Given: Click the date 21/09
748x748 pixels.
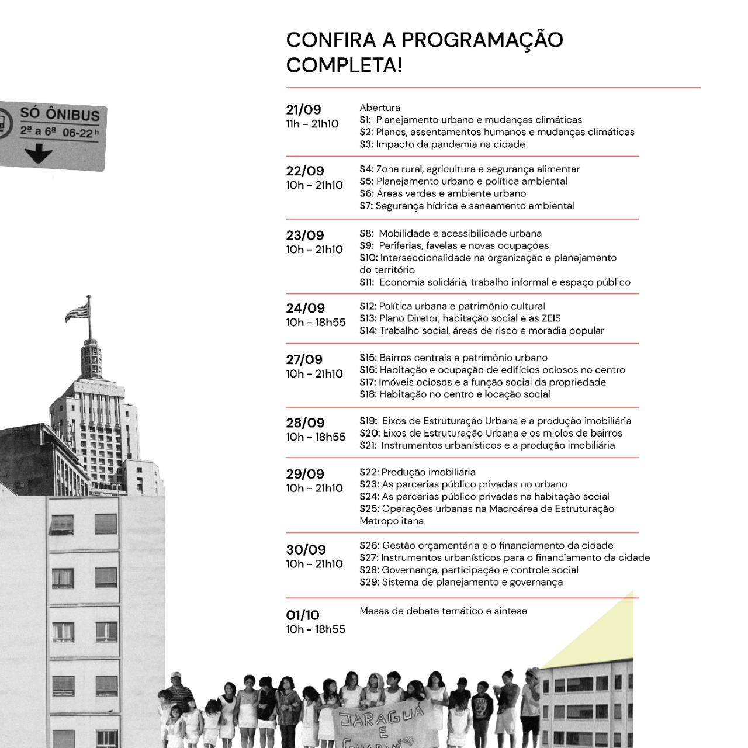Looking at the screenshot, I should click(x=303, y=109).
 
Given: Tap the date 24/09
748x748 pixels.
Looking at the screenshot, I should click(x=305, y=308).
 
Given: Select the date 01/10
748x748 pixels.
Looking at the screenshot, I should click(x=303, y=615).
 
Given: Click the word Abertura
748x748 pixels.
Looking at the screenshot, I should click(x=380, y=108).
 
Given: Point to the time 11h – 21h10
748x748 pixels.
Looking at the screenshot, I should click(x=312, y=124).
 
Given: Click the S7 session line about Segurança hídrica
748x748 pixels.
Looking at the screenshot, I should click(x=466, y=206).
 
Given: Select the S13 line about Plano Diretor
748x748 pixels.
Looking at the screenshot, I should click(x=460, y=318).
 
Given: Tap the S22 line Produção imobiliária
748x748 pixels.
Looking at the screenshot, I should click(x=417, y=472).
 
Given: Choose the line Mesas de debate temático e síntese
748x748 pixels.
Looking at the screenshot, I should click(x=443, y=611).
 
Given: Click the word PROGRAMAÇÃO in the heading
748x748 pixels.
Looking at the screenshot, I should click(x=482, y=40).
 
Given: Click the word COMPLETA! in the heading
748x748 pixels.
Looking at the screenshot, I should click(x=344, y=65).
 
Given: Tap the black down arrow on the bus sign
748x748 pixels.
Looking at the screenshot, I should click(x=39, y=154).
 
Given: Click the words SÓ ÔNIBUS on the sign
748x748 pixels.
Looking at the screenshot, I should click(x=60, y=113).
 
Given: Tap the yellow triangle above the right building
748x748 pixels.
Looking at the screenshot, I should click(x=608, y=637).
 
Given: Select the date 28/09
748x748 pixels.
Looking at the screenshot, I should click(x=305, y=423).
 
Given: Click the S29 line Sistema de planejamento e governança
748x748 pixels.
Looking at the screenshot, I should click(x=461, y=582).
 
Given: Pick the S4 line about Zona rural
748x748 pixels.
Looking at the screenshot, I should click(x=469, y=169).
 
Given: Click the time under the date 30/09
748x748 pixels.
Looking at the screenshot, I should click(x=314, y=564).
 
